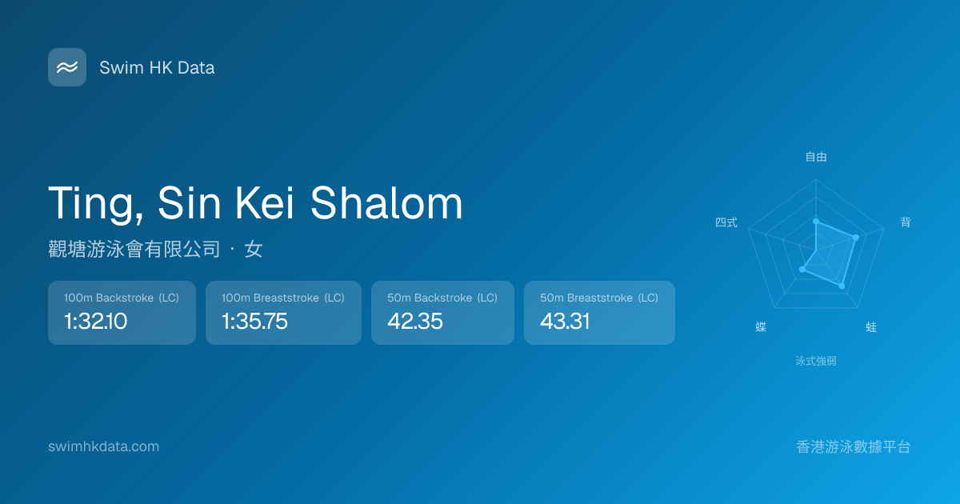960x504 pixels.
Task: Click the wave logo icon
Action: point(67,67)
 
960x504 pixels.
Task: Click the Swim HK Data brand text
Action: point(157,68)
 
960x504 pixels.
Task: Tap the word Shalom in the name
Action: point(386,203)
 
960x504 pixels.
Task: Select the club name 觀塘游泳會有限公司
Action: point(134,249)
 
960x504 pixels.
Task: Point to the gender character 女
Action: point(254,249)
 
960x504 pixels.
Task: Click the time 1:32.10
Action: point(95,321)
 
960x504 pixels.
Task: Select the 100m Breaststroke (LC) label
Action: point(283,298)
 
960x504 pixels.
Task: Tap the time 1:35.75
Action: point(254,321)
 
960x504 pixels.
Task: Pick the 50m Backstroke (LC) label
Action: point(442,298)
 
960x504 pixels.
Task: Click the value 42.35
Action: point(415,321)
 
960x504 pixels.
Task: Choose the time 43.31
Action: point(565,321)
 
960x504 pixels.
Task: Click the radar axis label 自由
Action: point(816,157)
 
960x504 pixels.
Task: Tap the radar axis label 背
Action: point(905,222)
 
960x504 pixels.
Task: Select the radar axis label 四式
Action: point(726,222)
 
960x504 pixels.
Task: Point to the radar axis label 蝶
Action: point(761,327)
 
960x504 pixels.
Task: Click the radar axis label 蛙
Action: point(871,327)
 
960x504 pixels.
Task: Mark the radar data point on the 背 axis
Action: point(856,238)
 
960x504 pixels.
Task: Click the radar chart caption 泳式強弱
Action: point(816,361)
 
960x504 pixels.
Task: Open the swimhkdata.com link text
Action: point(104,446)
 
